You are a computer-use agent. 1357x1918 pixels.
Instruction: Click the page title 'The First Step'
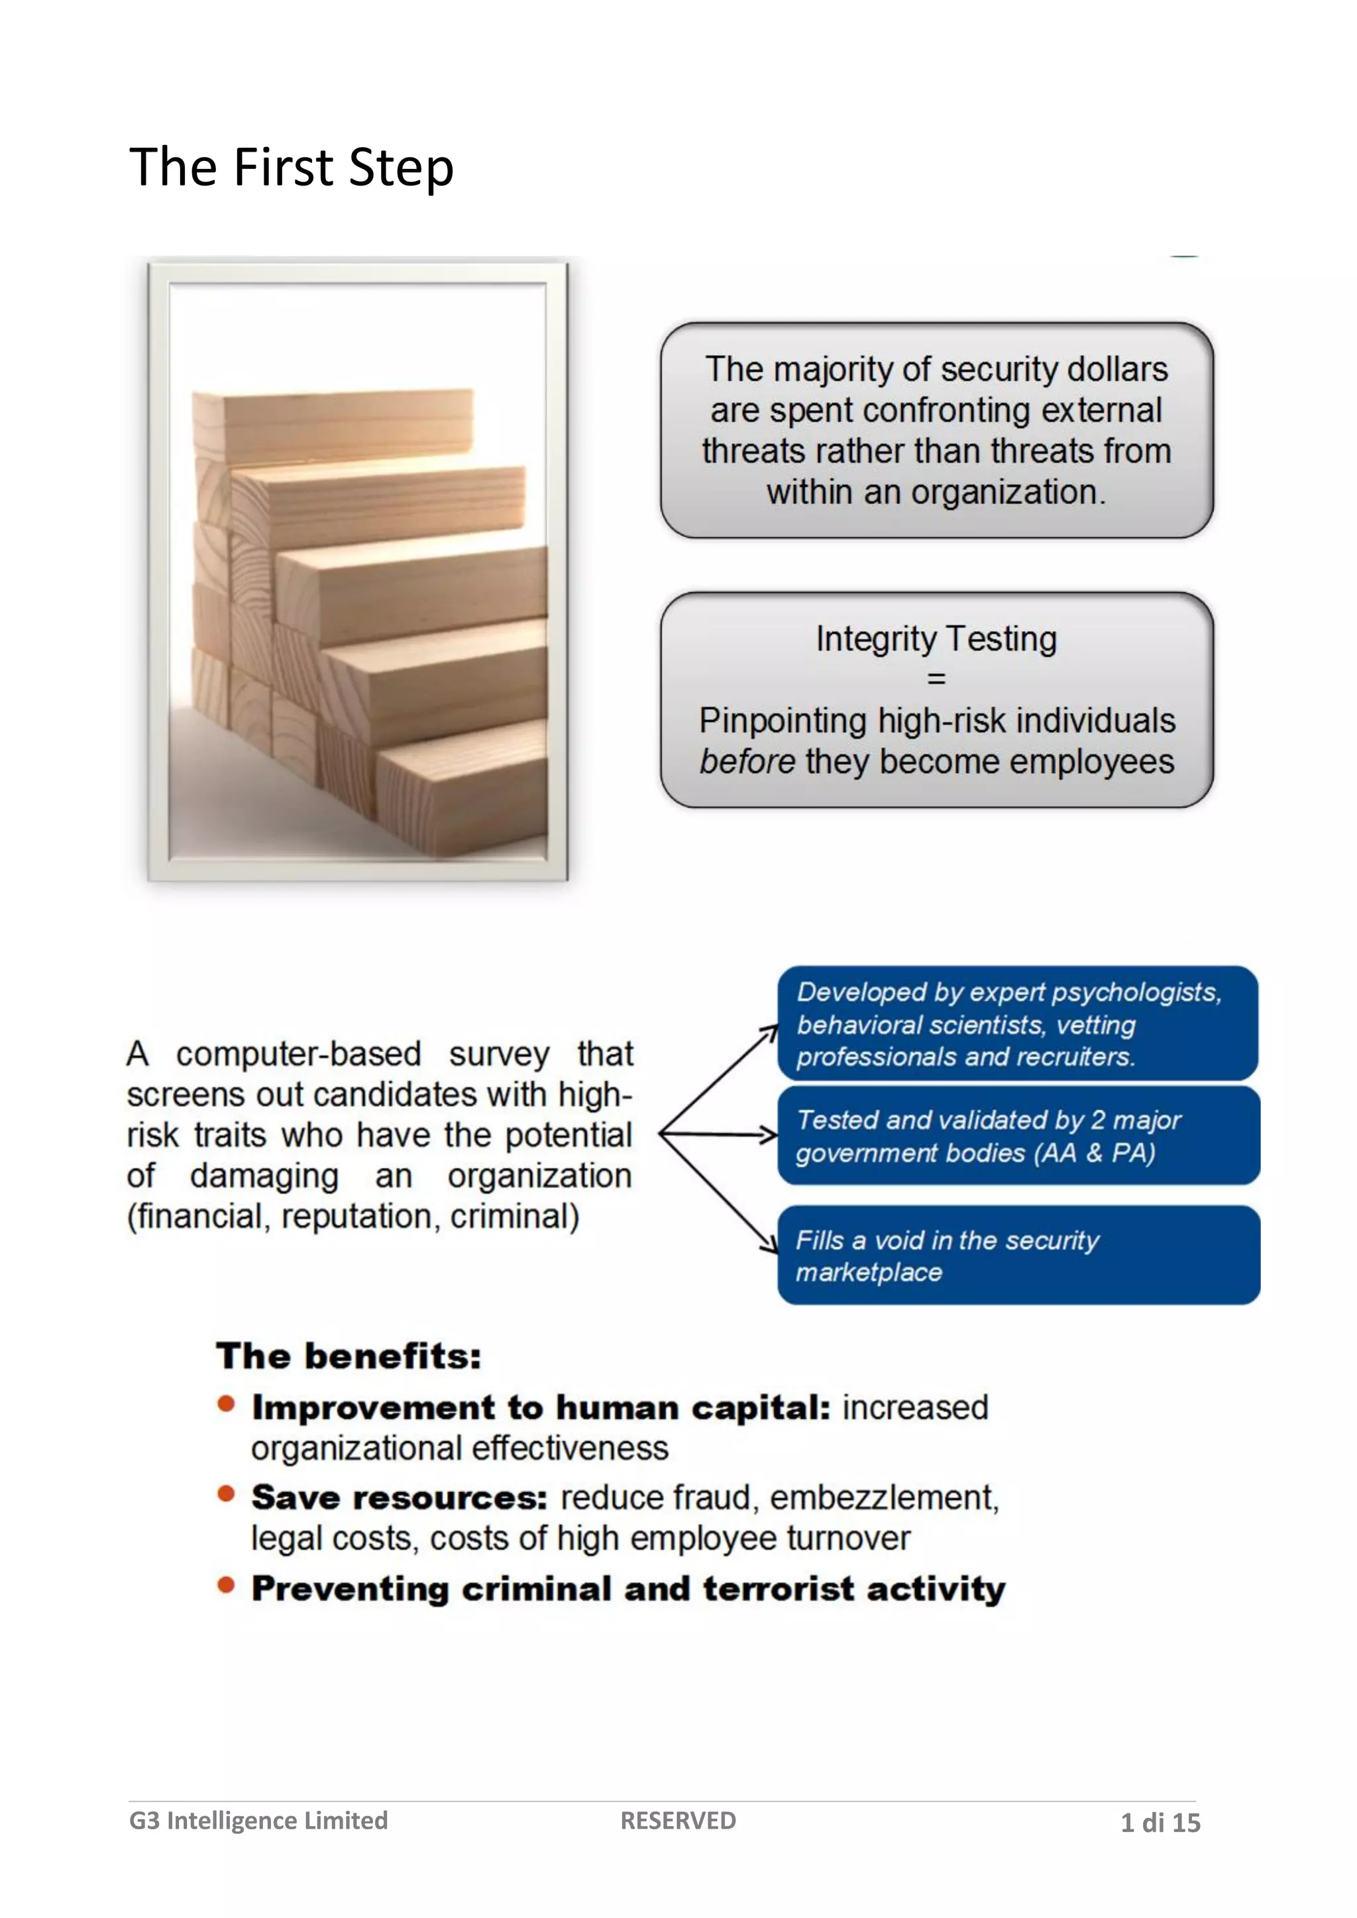(x=291, y=167)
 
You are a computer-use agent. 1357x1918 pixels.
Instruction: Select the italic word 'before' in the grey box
(x=747, y=762)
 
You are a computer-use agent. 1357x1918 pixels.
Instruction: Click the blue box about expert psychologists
(x=1017, y=1023)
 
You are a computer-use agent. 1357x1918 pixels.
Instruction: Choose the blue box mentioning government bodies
(x=1018, y=1135)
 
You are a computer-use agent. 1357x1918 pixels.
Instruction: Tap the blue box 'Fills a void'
(x=1018, y=1255)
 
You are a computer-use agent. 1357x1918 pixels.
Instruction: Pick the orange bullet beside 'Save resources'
(x=225, y=1493)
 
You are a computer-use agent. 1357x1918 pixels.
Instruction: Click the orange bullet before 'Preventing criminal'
(x=225, y=1585)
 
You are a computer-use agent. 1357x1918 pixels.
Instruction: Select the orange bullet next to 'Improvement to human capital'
(x=225, y=1403)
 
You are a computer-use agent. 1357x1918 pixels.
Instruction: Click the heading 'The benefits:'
(x=349, y=1356)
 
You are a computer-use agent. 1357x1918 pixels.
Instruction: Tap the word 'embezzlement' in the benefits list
(x=883, y=1498)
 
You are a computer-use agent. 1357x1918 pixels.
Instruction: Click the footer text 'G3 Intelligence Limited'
(x=258, y=1820)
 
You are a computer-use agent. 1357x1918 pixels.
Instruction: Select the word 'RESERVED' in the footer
(x=678, y=1820)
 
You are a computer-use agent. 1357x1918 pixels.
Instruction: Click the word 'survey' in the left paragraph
(x=499, y=1054)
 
